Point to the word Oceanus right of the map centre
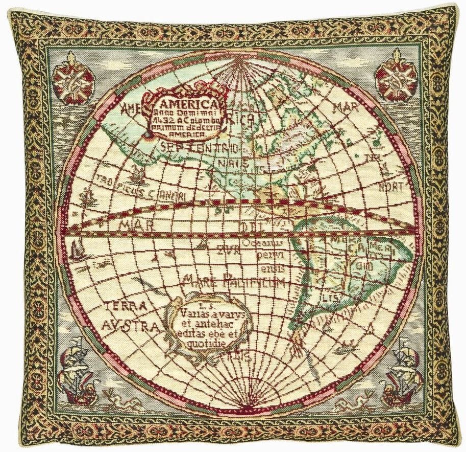[258, 243]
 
